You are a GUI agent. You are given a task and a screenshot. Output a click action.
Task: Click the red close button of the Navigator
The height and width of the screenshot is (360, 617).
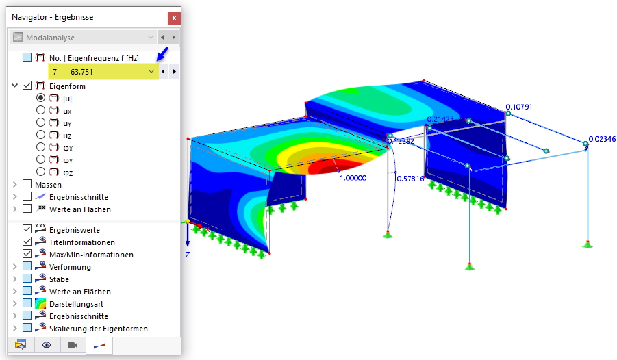(x=174, y=18)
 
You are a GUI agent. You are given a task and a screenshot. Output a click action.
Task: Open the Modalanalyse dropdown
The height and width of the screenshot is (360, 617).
(x=151, y=38)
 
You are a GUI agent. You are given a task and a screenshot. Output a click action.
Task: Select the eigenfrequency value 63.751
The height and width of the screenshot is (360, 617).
(x=81, y=72)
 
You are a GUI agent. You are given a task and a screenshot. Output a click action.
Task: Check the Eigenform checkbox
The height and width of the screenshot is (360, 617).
(x=27, y=86)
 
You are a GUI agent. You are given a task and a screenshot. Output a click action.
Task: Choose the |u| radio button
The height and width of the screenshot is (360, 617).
(x=40, y=98)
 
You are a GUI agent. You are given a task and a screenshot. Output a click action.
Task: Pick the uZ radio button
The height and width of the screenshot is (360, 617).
(x=40, y=135)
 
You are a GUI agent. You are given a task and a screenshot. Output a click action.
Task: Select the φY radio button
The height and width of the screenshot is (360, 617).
(x=40, y=159)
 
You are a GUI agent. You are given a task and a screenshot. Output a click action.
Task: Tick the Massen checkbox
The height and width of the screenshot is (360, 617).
(x=27, y=184)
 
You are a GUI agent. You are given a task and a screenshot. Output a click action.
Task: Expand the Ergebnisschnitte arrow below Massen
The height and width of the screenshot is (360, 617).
(x=15, y=196)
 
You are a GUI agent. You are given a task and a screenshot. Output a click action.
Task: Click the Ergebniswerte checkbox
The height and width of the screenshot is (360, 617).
(x=27, y=229)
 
